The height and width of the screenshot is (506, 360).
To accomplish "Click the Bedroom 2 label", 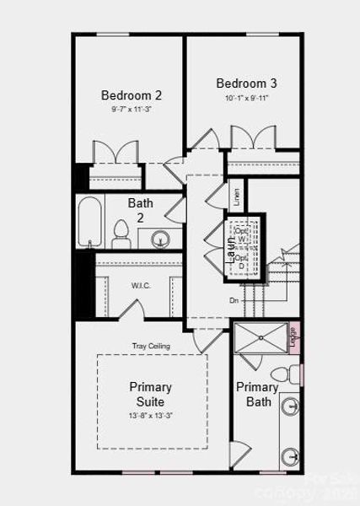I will pos(132,95).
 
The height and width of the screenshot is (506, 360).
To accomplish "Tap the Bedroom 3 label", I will pos(246,83).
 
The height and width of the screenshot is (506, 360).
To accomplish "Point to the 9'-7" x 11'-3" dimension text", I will pos(132,110).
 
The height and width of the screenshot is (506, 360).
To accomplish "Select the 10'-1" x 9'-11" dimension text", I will pos(246,98).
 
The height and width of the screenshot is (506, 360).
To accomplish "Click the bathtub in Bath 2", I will pos(90,223).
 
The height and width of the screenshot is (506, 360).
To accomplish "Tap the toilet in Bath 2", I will pos(121,234).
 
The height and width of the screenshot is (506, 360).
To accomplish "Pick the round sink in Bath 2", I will pos(161,239).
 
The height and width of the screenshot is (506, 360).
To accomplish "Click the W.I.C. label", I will pos(141,285).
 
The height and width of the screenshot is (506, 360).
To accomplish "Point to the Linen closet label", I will pos(237,197).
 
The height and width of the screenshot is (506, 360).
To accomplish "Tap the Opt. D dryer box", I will pos(243,261).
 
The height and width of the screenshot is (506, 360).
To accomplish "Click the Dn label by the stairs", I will pos(234,300).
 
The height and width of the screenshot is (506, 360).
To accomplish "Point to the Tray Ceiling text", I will pos(152,346).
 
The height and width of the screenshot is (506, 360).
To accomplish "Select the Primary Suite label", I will pos(151,395).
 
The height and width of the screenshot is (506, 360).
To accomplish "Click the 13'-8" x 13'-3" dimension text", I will pos(151,416).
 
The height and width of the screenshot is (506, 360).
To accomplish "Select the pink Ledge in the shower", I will pos(294,336).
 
